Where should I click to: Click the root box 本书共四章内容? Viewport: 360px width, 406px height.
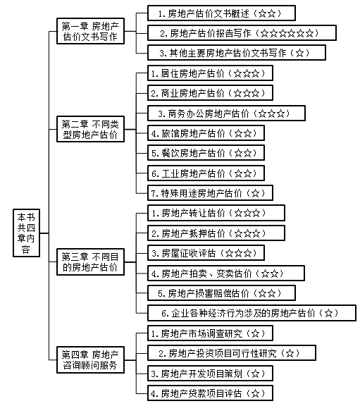tap(25, 235)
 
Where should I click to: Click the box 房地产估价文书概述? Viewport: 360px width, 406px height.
tap(221, 13)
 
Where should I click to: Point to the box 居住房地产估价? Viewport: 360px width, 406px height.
tap(210, 73)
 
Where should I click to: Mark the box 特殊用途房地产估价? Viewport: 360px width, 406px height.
tap(210, 192)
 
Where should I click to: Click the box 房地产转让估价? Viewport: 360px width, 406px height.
tap(216, 213)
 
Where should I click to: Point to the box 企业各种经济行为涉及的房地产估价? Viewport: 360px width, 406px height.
tap(252, 313)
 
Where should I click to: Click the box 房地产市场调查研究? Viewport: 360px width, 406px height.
tap(210, 333)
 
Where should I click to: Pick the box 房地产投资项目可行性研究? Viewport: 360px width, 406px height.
tap(231, 352)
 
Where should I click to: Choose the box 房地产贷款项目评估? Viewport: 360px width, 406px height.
tap(210, 393)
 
